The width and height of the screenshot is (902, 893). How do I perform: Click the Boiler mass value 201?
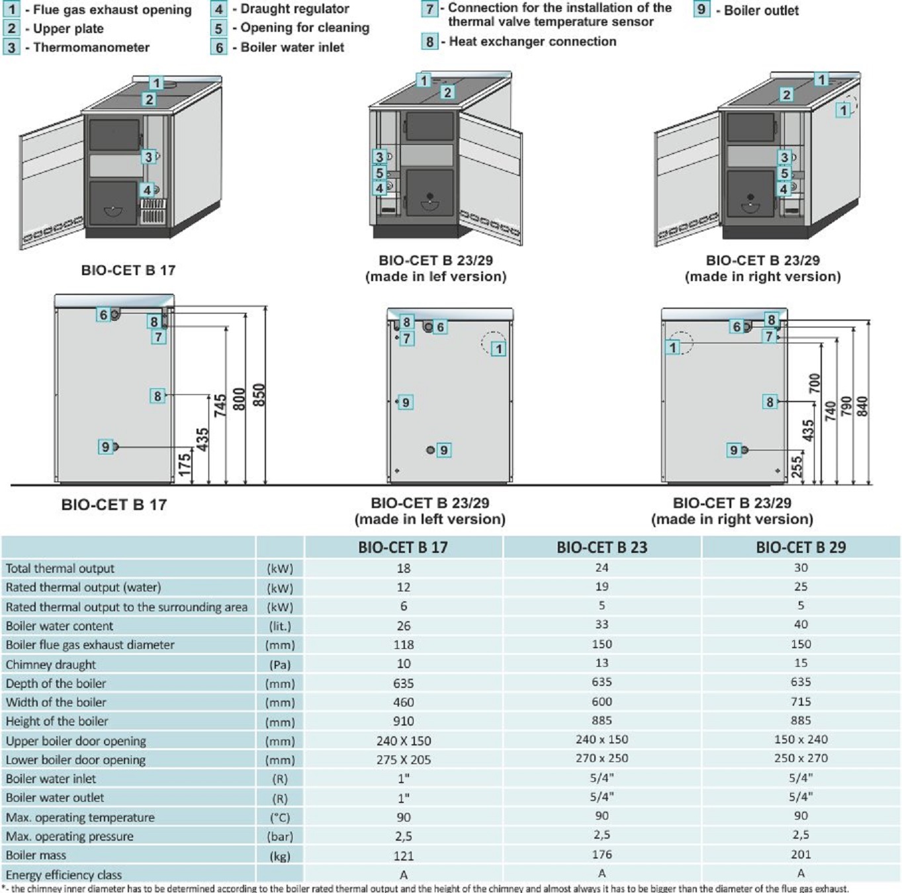pyautogui.click(x=801, y=855)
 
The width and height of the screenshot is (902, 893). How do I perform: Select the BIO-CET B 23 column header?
pyautogui.click(x=602, y=548)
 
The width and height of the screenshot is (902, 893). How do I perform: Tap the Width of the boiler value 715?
pyautogui.click(x=801, y=702)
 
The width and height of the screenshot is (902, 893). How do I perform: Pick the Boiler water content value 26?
pyautogui.click(x=404, y=626)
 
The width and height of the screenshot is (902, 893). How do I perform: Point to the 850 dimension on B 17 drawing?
pyautogui.click(x=259, y=396)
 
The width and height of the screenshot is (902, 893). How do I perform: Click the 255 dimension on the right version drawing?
pyautogui.click(x=797, y=466)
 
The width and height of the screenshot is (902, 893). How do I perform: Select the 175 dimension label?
pyautogui.click(x=185, y=464)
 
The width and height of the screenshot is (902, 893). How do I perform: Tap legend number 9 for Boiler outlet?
pyautogui.click(x=701, y=10)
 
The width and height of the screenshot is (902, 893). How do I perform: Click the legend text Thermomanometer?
pyautogui.click(x=91, y=48)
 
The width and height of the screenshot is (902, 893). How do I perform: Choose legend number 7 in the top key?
pyautogui.click(x=429, y=9)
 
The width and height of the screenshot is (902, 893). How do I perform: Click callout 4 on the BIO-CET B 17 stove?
pyautogui.click(x=147, y=191)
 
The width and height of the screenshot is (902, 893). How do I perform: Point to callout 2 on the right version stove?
pyautogui.click(x=786, y=95)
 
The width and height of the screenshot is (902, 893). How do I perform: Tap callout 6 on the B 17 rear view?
pyautogui.click(x=103, y=315)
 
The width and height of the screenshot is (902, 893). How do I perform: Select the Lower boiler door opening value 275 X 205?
pyautogui.click(x=404, y=760)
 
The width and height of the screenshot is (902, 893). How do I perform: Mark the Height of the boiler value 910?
pyautogui.click(x=404, y=722)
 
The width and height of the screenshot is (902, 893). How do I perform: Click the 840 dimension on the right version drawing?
pyautogui.click(x=862, y=406)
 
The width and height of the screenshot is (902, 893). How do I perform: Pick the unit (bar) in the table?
pyautogui.click(x=280, y=837)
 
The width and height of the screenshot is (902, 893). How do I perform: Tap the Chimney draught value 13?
pyautogui.click(x=602, y=663)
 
